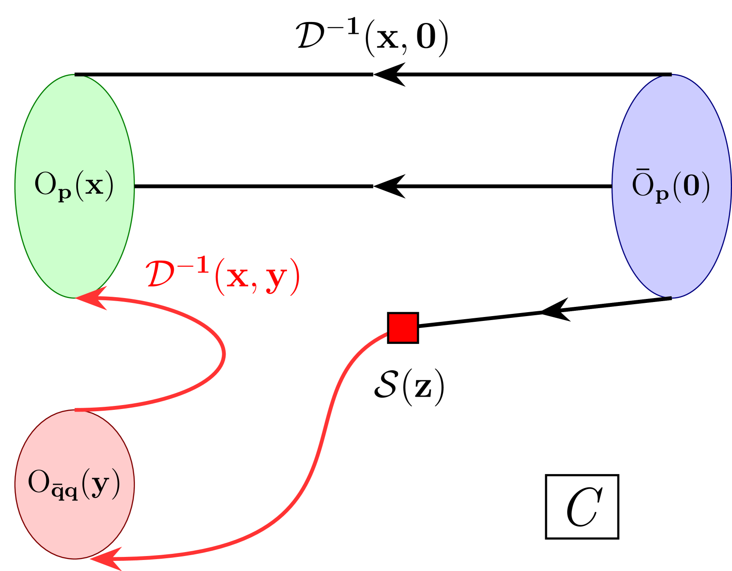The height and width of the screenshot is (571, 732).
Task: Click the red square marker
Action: pos(403,328)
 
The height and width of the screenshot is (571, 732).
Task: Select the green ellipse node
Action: pos(74,132)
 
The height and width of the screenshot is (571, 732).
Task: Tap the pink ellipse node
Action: pos(74,519)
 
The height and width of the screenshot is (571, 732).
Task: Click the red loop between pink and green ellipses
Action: pos(223,354)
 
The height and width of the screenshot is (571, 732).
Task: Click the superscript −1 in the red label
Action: pos(194,266)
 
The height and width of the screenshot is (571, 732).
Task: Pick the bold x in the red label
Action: pos(238,277)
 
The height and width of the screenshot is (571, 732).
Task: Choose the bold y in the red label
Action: pos(276,279)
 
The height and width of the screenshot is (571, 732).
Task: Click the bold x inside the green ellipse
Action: pos(94,186)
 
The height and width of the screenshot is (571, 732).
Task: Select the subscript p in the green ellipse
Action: pos(65,194)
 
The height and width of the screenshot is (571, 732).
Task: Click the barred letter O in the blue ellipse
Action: pos(643,184)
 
